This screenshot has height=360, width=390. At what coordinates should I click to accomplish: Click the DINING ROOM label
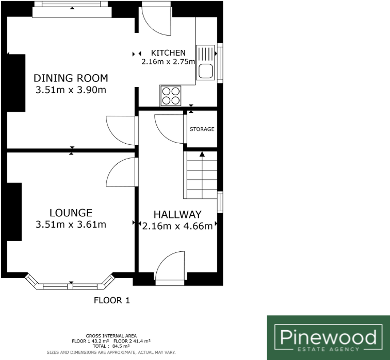pyautogui.click(x=71, y=78)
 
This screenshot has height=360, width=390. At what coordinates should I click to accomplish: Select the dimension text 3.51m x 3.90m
pyautogui.click(x=71, y=91)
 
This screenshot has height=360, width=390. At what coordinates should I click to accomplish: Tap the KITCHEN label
pyautogui.click(x=168, y=53)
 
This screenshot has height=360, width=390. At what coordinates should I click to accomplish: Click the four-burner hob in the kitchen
pyautogui.click(x=172, y=95)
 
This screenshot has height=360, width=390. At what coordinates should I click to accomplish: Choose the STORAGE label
pyautogui.click(x=202, y=129)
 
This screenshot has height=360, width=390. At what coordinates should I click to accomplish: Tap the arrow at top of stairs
pyautogui.click(x=202, y=153)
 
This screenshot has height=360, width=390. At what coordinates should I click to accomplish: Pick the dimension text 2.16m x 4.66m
pyautogui.click(x=177, y=226)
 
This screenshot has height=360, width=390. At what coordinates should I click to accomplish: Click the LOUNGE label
pyautogui.click(x=71, y=212)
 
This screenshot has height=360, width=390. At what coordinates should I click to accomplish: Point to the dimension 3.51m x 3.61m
pyautogui.click(x=71, y=224)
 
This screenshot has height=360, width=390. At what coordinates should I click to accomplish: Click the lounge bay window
pyautogui.click(x=71, y=284)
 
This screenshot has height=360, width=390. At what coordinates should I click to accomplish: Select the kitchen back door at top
pyautogui.click(x=156, y=18)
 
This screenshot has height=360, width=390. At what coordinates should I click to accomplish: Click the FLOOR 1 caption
pyautogui.click(x=112, y=300)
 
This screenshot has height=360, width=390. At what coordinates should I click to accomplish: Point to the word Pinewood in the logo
pyautogui.click(x=328, y=337)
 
